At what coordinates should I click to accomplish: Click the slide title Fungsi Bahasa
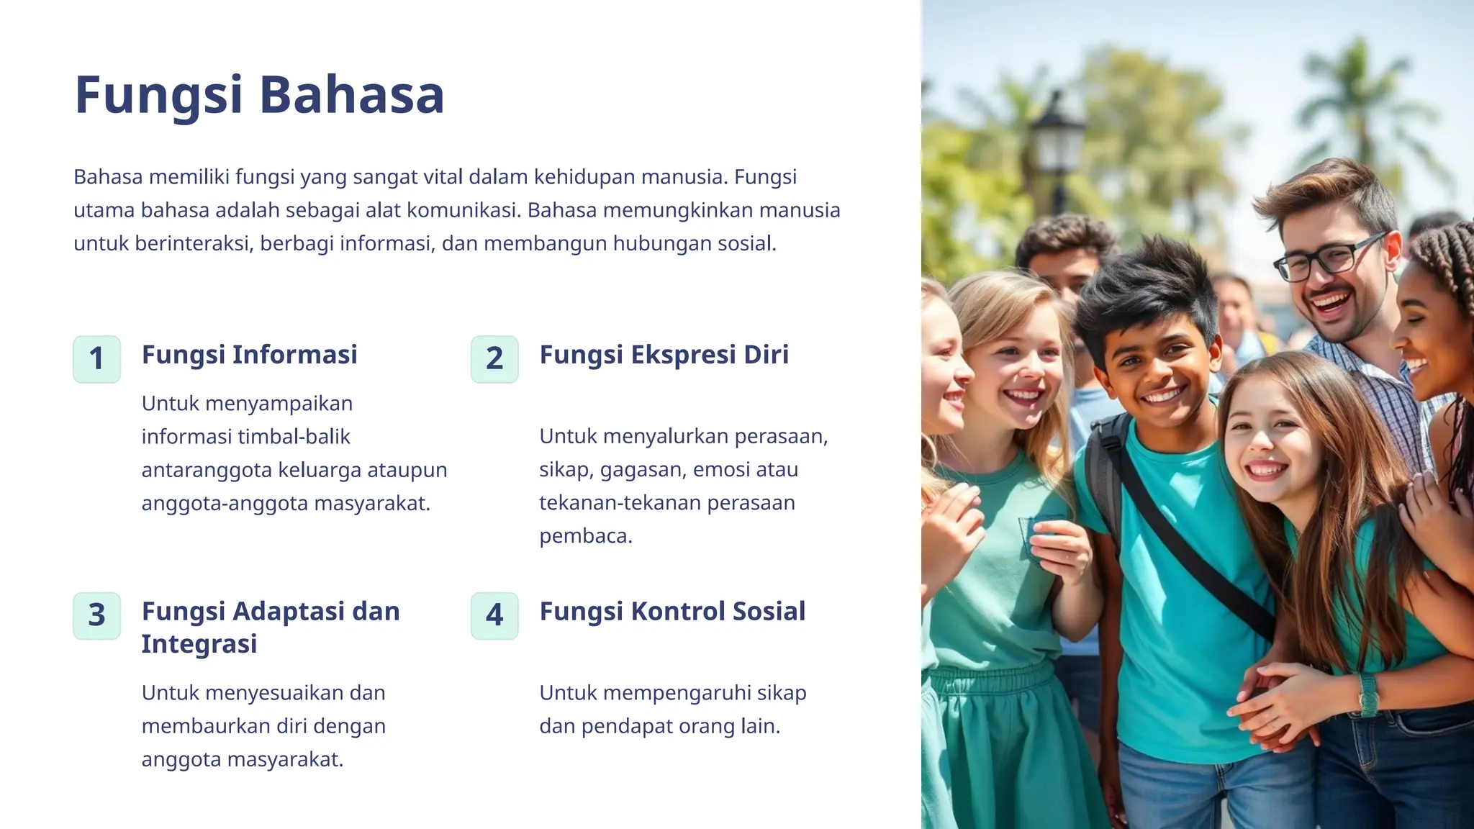(x=259, y=95)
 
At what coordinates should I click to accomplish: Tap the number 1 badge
(x=96, y=358)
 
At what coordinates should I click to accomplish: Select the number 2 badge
(x=494, y=358)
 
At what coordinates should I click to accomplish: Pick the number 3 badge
(x=96, y=615)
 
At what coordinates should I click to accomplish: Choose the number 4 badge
(x=494, y=615)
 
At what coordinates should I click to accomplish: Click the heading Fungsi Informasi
(x=249, y=355)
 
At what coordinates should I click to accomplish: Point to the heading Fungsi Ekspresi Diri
(x=664, y=355)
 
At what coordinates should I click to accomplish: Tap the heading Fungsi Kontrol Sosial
(x=672, y=612)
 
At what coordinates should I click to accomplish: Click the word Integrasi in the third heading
(x=199, y=644)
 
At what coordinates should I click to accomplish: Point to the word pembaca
(x=585, y=536)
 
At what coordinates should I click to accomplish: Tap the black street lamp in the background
(x=1057, y=144)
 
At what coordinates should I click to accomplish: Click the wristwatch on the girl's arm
(x=1367, y=694)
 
